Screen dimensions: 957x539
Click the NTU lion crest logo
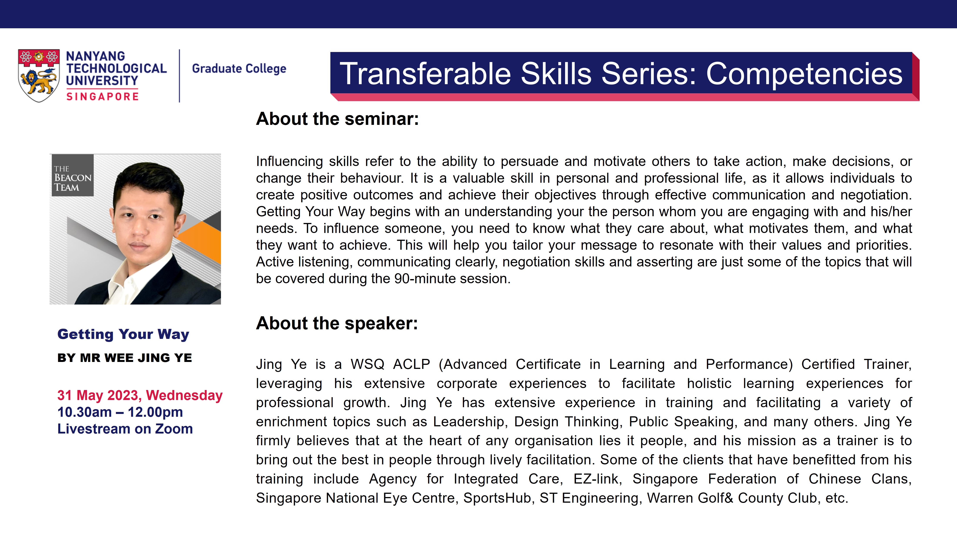39,75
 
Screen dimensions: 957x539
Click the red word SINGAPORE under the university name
102,97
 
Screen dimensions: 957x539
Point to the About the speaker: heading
337,323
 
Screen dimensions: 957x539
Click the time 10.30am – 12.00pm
120,412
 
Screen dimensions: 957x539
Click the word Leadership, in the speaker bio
469,422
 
